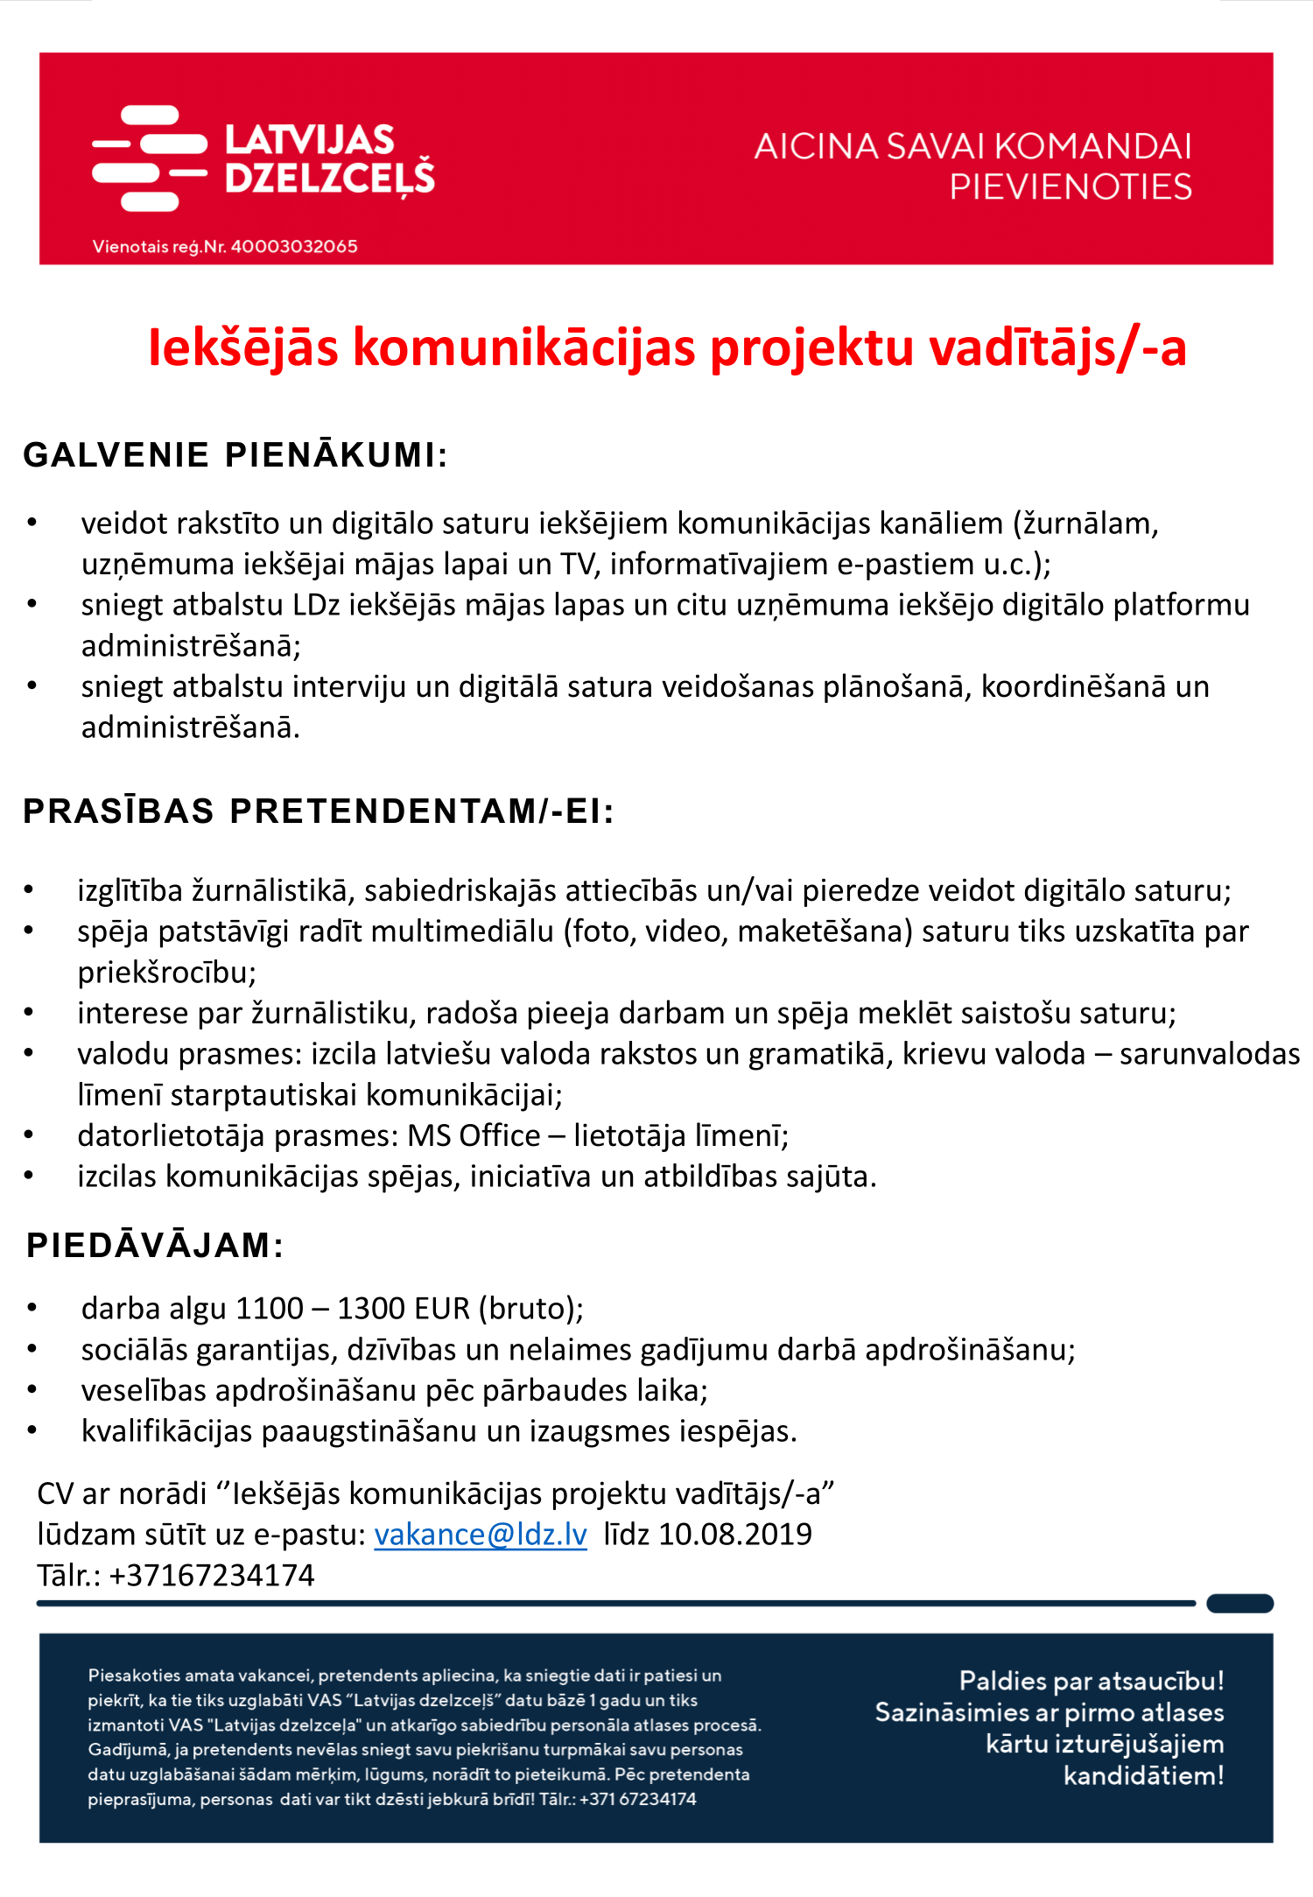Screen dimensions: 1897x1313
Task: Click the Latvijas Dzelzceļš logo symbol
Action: coord(149,158)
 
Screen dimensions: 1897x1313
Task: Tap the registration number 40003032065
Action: coord(294,247)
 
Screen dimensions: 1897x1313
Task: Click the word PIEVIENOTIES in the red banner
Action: coord(1071,187)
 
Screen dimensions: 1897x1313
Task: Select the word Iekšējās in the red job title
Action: coord(243,348)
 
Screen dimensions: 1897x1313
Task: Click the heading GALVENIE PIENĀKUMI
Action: coord(235,455)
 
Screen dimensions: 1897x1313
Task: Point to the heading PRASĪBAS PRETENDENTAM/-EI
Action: coord(318,811)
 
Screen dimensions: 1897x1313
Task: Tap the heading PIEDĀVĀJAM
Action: coord(155,1246)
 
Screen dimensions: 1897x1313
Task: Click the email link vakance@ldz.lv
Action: coord(481,1535)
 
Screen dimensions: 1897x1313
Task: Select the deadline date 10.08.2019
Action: coord(735,1535)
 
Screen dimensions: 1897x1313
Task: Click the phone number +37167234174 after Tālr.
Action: coord(211,1576)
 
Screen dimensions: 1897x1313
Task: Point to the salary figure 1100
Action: coord(270,1309)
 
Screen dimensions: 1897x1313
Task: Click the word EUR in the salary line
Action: coord(442,1309)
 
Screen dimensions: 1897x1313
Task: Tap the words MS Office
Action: coord(474,1136)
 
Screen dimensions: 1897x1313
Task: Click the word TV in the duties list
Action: coord(579,565)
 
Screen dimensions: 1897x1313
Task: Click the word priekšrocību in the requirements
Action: coord(166,973)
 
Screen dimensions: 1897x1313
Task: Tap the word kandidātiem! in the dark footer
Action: coord(1143,1776)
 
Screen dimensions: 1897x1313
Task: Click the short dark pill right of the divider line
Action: coord(1239,1604)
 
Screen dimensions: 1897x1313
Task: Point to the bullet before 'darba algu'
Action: coord(32,1309)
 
